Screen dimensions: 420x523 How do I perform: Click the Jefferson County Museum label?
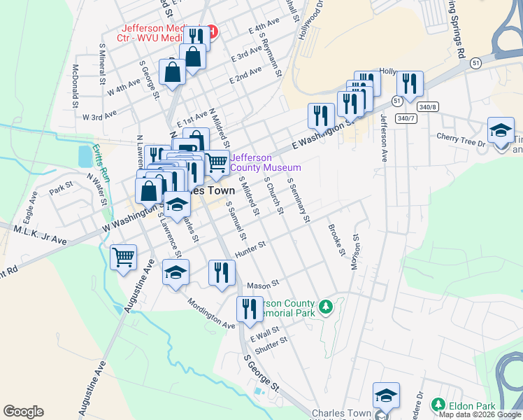[x=266, y=162]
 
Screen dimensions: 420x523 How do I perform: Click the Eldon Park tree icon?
[x=438, y=405]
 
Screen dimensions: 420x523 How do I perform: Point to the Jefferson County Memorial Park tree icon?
[x=324, y=307]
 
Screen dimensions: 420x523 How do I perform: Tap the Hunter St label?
[x=253, y=245]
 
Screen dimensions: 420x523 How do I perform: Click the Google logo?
[x=23, y=412]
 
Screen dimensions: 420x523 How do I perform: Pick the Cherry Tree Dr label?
[x=461, y=141]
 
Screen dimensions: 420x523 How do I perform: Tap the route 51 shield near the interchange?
[x=476, y=63]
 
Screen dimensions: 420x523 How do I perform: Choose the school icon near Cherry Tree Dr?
[x=501, y=131]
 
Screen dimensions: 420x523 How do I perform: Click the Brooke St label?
[x=337, y=237]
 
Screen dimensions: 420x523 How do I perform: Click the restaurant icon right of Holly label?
[x=410, y=84]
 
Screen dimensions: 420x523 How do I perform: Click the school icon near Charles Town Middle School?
[x=386, y=396]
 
